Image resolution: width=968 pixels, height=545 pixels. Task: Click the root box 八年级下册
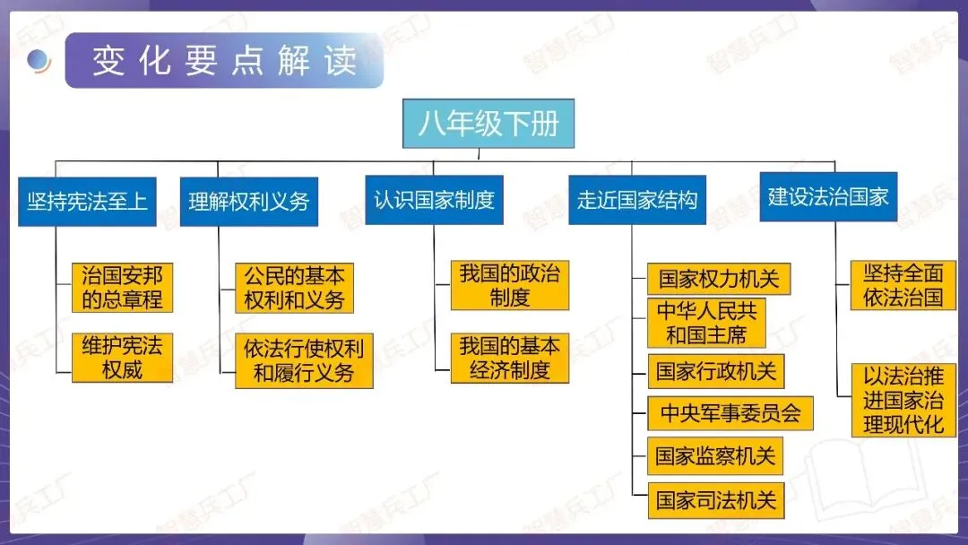pos(488,123)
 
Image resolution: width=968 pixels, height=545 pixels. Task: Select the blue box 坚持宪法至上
pos(87,201)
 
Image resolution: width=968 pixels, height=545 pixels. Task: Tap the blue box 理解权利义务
pos(249,201)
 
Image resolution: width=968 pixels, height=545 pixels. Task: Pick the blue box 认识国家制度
pos(434,199)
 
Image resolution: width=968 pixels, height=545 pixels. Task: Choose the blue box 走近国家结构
pos(637,199)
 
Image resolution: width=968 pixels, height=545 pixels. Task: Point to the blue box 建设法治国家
pos(828,197)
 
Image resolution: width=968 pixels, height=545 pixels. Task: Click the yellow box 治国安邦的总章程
pos(122,287)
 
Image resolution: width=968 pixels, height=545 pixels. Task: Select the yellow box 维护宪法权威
pos(122,358)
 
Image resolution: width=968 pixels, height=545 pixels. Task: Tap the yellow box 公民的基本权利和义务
pos(294,287)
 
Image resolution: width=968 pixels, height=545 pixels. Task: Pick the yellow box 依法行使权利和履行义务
pos(304,360)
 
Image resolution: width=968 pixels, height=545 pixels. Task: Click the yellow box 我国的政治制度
pos(509,285)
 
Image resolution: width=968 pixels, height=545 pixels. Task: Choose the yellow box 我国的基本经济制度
pos(509,358)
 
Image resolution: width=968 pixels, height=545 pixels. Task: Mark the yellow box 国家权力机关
pos(719,279)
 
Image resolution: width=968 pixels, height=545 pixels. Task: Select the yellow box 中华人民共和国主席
pos(706,323)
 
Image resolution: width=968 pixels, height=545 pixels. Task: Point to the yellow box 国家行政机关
pos(716,370)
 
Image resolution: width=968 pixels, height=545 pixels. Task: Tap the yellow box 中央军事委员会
pos(730,413)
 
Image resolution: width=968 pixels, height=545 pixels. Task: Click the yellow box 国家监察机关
pos(715,456)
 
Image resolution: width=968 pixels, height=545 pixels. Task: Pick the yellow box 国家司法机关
pos(715,499)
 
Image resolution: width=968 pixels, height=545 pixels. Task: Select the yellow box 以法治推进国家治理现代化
pos(903,400)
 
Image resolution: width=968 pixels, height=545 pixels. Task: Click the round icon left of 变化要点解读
pos(38,61)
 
